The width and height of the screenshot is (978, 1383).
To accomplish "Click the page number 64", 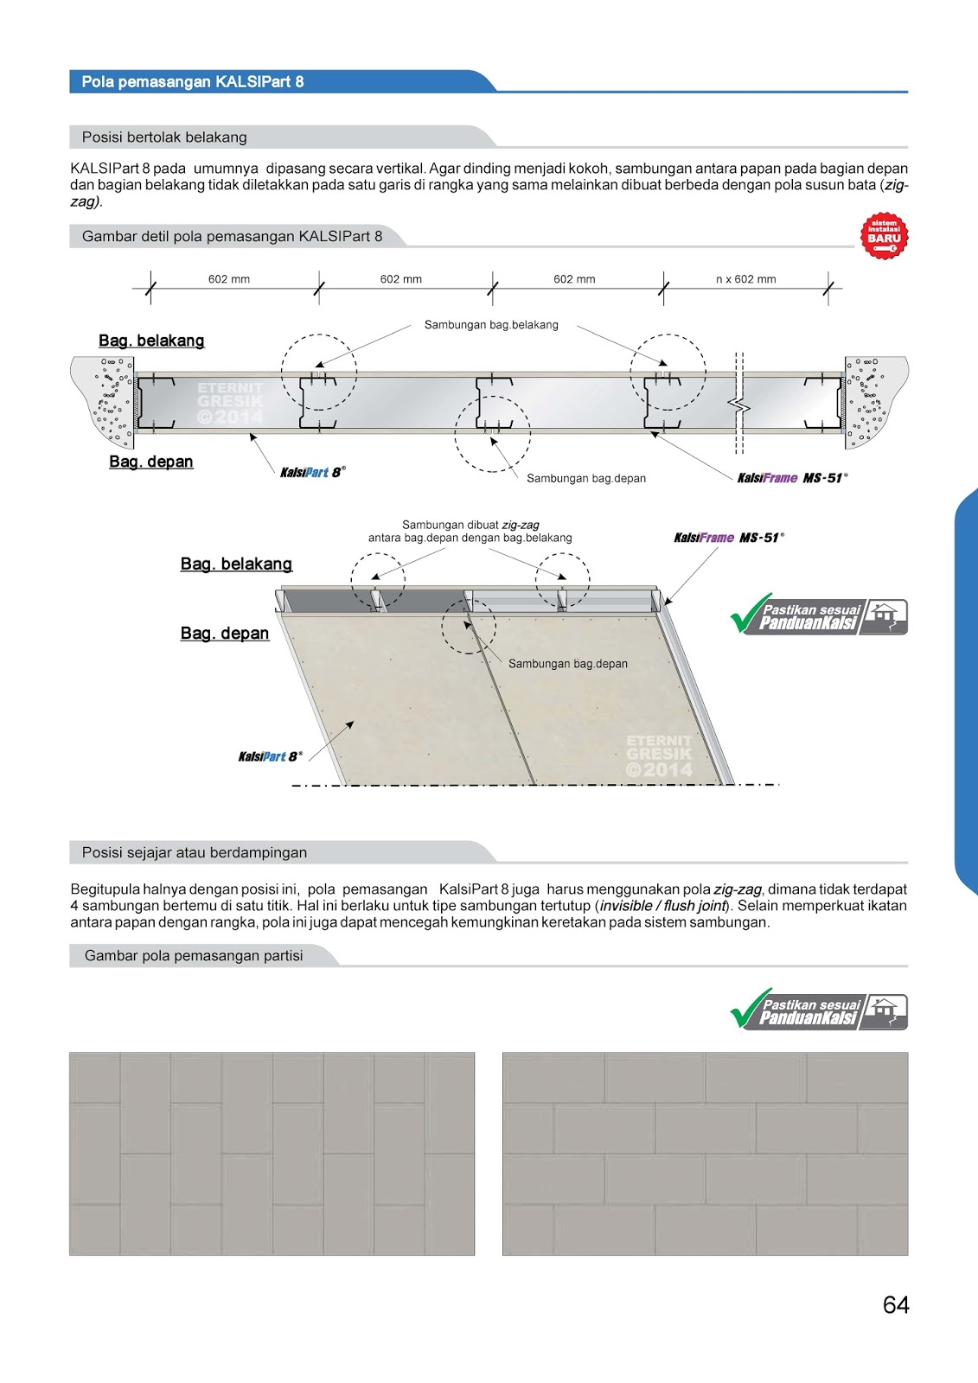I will (896, 1304).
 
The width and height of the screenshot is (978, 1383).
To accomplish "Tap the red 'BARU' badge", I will (884, 236).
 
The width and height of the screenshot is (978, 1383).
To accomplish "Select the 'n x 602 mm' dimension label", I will (745, 279).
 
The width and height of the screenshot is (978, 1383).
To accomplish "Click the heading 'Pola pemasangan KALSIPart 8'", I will (193, 82).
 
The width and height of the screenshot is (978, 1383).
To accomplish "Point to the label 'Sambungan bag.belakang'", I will (491, 325).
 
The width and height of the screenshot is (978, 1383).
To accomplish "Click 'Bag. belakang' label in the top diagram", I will (151, 341).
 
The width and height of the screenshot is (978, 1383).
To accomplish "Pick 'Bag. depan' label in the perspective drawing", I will (225, 634).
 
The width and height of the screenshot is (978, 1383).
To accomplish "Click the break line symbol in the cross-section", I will (739, 404).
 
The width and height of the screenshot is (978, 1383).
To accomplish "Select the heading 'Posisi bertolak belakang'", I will (164, 137).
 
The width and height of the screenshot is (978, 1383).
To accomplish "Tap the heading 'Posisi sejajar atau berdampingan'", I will (195, 852).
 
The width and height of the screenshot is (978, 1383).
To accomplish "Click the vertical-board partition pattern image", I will (272, 1153).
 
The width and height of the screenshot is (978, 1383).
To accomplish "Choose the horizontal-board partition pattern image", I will (705, 1153).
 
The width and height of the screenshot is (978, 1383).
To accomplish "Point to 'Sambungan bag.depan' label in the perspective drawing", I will (567, 664).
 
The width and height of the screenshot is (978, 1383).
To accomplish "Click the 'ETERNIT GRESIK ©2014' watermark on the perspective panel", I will (659, 755).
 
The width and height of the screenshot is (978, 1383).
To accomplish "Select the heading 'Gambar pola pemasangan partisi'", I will (194, 956).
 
